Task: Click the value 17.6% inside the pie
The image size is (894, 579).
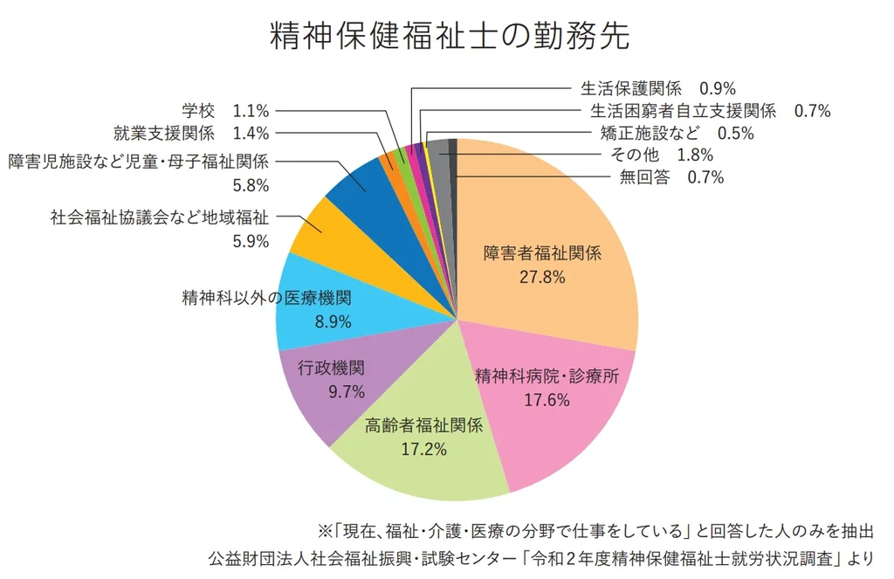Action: [547, 400]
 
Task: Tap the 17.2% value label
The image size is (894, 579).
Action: [423, 450]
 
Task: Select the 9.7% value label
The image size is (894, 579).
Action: [347, 391]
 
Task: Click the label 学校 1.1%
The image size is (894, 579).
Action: [225, 111]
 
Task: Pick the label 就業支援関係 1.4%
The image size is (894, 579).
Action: [191, 134]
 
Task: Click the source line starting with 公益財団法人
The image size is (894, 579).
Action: [541, 556]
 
